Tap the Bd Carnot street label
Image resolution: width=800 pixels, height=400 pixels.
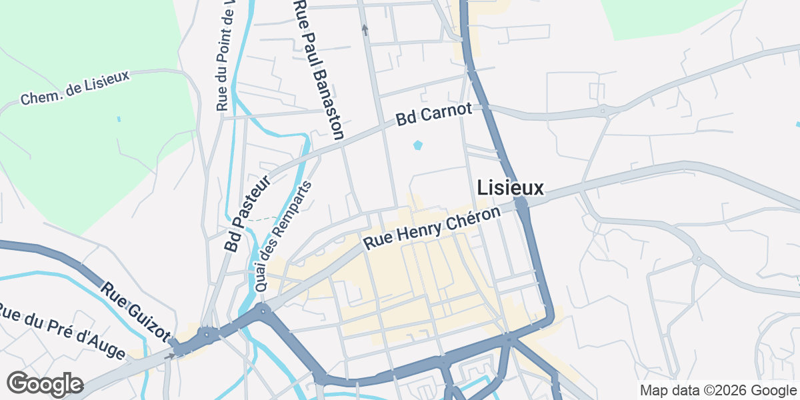pos(433,115)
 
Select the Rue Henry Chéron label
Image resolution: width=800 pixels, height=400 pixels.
pos(431,229)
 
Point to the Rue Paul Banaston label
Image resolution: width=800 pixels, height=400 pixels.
pos(319,70)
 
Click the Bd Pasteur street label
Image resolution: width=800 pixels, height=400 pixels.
pos(248,214)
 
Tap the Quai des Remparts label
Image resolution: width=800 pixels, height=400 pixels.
pos(283,237)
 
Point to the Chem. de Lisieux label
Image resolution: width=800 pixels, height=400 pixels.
pos(75,88)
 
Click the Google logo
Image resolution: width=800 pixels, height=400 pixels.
pos(45,384)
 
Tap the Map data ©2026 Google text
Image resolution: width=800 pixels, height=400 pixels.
pos(718,390)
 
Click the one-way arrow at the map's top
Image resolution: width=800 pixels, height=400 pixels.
pos(365,29)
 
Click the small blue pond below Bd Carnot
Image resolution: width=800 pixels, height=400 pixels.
pos(418,145)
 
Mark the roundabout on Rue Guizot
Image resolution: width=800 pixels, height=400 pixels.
pos(207,334)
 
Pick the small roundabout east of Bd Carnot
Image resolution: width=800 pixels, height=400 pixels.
pos(603,111)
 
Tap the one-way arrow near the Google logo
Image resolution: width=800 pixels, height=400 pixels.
pos(171,355)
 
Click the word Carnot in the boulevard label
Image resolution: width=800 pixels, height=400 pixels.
pos(450,111)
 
